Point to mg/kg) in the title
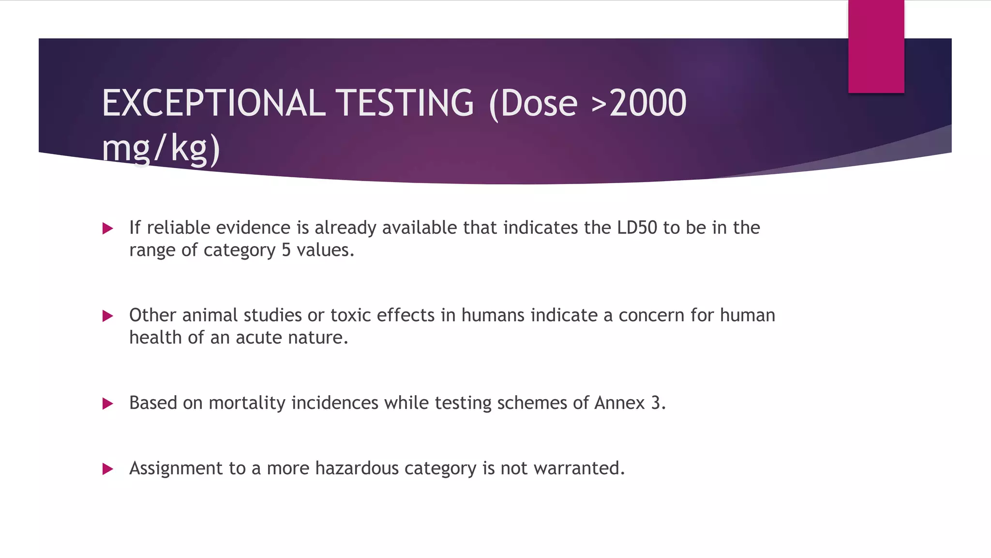click(x=161, y=148)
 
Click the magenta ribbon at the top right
click(x=876, y=46)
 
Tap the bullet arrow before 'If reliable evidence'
click(x=108, y=228)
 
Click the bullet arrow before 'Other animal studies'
click(x=108, y=316)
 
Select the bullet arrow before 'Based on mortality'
click(x=108, y=403)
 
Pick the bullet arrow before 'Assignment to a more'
click(x=108, y=469)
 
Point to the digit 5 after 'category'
click(x=286, y=250)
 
